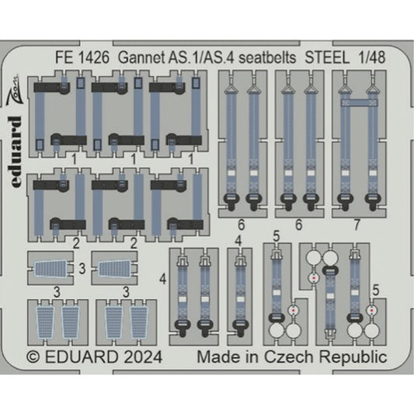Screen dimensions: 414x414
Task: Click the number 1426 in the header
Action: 96,57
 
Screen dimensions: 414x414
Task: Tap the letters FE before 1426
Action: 65,57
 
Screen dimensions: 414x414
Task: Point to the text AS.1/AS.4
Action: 197,57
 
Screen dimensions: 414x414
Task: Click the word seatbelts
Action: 259,57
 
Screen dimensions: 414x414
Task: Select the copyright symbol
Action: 35,357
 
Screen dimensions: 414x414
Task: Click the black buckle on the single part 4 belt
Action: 239,326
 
